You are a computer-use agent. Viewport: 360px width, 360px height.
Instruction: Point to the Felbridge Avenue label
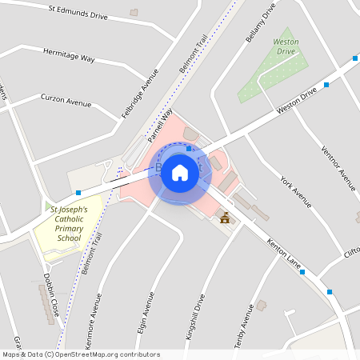click(x=140, y=93)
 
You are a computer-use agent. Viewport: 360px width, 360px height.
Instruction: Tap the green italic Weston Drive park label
click(x=286, y=46)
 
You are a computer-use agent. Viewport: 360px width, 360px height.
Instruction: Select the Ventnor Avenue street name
click(x=338, y=169)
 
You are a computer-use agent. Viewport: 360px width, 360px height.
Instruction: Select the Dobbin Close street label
click(x=50, y=296)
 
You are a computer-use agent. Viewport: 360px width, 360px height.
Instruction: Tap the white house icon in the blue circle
click(x=180, y=172)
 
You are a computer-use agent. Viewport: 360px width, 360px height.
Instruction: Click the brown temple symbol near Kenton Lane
click(x=225, y=218)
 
